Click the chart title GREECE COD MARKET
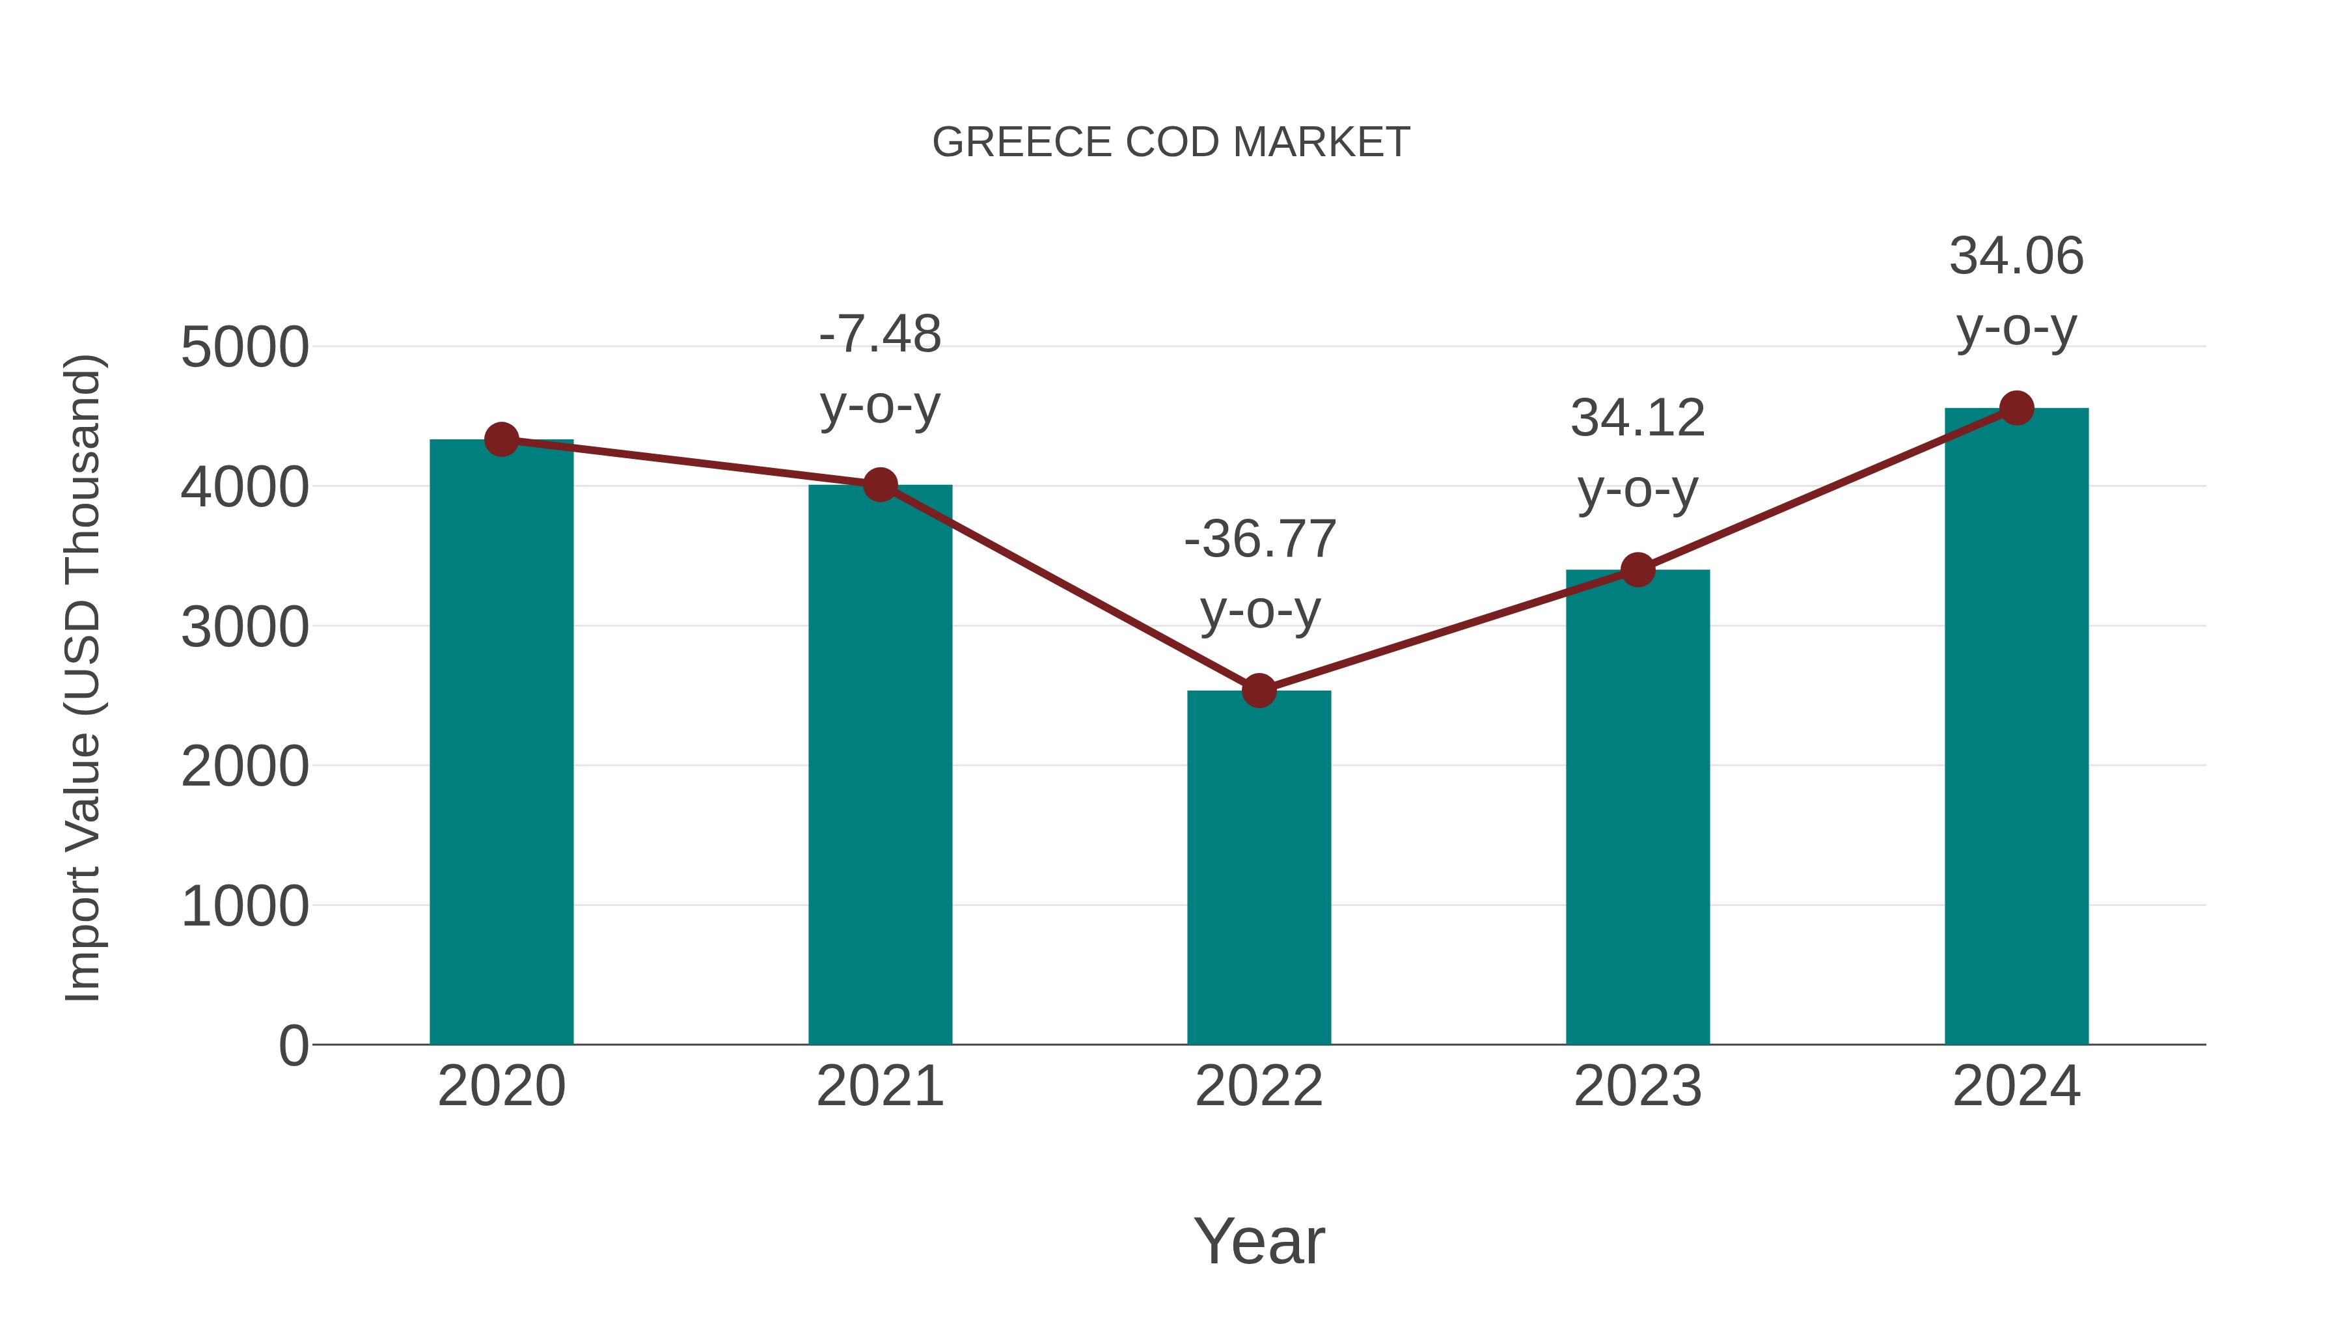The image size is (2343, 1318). coord(1171,143)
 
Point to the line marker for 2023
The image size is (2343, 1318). coord(1637,570)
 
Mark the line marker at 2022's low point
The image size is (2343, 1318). coord(1259,691)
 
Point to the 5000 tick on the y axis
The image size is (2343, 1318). coord(245,348)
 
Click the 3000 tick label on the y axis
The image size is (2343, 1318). coord(245,627)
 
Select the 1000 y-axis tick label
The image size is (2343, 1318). coord(245,906)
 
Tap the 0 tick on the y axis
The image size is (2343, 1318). coord(293,1045)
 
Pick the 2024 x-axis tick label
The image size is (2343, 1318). coord(2016,1086)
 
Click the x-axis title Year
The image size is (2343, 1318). coord(1259,1241)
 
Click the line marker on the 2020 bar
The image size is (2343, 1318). coord(501,440)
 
